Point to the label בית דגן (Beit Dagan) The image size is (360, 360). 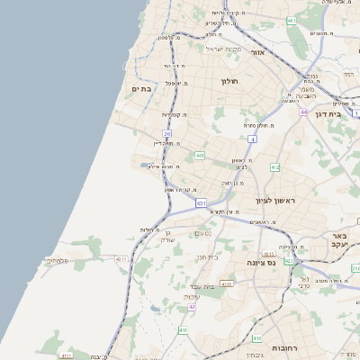coord(333,114)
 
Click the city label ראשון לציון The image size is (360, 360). coord(269,200)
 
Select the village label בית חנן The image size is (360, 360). coord(208,257)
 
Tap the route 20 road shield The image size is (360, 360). coord(166,134)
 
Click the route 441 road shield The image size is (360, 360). coord(199,156)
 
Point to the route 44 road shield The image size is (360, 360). coord(304,112)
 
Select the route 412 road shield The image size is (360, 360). coord(274,168)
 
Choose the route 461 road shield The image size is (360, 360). coord(292,20)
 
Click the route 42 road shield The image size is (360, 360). coord(192,307)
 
